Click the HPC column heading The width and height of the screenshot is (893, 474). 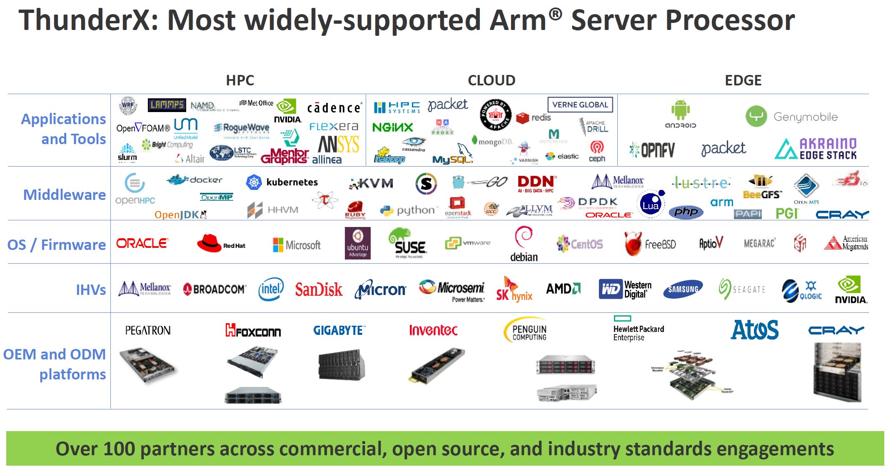[x=240, y=80]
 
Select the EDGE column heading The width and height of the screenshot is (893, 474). [x=743, y=80]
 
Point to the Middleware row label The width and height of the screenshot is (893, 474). [x=65, y=195]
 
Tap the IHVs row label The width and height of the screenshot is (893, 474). [x=91, y=289]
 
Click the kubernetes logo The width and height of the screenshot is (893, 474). [x=282, y=182]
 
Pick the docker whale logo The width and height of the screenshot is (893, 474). [x=195, y=180]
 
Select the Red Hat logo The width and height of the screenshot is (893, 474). [x=221, y=243]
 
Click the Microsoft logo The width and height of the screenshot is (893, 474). [x=297, y=245]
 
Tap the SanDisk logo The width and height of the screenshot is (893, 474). [x=319, y=289]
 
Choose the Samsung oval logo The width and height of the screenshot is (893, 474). [x=683, y=289]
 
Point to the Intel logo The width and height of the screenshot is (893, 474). [x=271, y=289]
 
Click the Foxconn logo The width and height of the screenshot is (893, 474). [x=253, y=331]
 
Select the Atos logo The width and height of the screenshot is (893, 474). [x=755, y=330]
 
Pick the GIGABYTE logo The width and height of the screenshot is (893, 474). [x=339, y=331]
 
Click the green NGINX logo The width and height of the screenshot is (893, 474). [x=392, y=127]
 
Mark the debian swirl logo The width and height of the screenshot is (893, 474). [x=524, y=237]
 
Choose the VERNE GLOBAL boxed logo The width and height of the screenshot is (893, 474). [x=580, y=105]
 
